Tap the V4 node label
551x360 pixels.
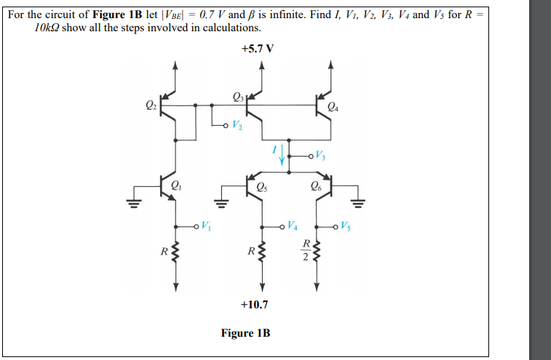pos(293,224)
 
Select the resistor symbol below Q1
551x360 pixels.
pos(175,254)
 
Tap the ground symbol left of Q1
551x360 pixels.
pos(133,199)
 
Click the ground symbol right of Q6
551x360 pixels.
pos(357,199)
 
